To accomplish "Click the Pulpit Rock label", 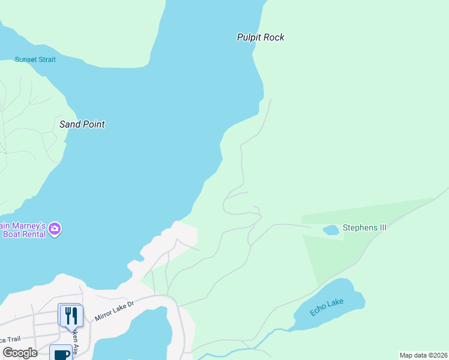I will (260, 37).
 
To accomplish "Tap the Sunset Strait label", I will (35, 59).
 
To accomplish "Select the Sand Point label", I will (82, 124).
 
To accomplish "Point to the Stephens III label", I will (364, 228).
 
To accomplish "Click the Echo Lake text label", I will (327, 307).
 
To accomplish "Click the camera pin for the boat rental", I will (55, 229).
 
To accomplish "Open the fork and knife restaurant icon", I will (71, 315).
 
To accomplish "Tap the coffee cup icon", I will (61, 354).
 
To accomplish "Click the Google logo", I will (20, 353).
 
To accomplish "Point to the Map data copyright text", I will (424, 355).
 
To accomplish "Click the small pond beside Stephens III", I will (331, 230).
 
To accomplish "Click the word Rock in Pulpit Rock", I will (274, 37).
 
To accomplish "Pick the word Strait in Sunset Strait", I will (46, 59).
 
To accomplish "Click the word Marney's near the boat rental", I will (27, 226).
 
